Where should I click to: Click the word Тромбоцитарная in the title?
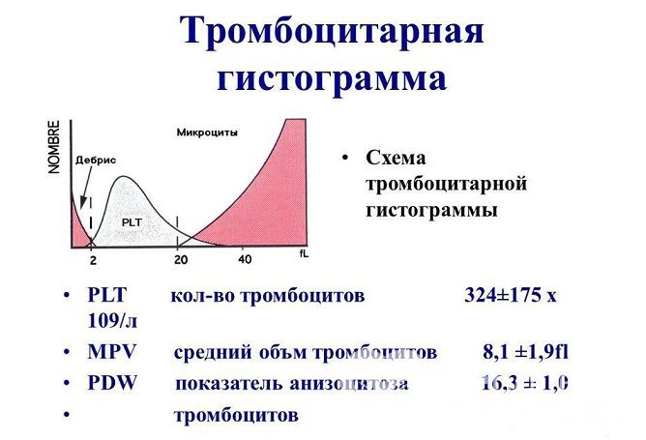pos(331,32)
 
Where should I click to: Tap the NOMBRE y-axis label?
pos(55,145)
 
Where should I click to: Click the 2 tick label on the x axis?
pos(93,260)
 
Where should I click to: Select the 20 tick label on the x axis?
pos(180,260)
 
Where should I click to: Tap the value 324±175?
pos(503,296)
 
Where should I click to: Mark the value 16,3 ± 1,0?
pos(523,383)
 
